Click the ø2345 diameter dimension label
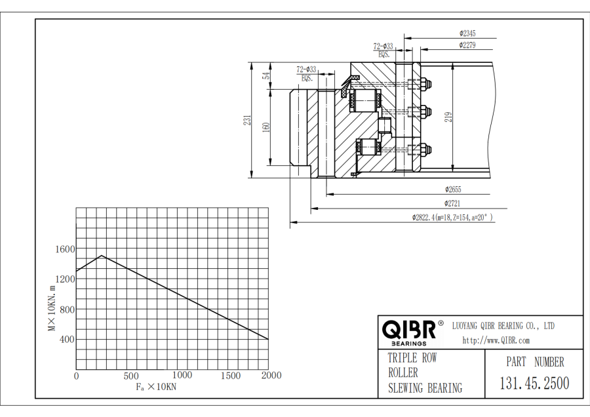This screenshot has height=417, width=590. click(x=467, y=33)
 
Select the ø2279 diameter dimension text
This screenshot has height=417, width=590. click(x=467, y=45)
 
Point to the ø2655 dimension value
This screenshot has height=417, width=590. click(x=454, y=189)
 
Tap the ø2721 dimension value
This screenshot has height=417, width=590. click(x=454, y=204)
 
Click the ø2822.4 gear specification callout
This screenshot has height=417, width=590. click(x=452, y=218)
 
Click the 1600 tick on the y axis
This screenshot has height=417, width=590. click(x=65, y=249)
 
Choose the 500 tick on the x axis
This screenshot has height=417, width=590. click(x=130, y=376)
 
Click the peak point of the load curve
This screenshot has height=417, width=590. click(x=102, y=256)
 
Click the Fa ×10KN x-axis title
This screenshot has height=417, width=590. click(x=156, y=387)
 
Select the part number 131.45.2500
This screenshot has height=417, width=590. click(x=534, y=383)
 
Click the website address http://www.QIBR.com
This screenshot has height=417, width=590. click(x=496, y=340)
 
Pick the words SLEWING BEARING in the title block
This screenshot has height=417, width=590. click(x=425, y=388)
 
